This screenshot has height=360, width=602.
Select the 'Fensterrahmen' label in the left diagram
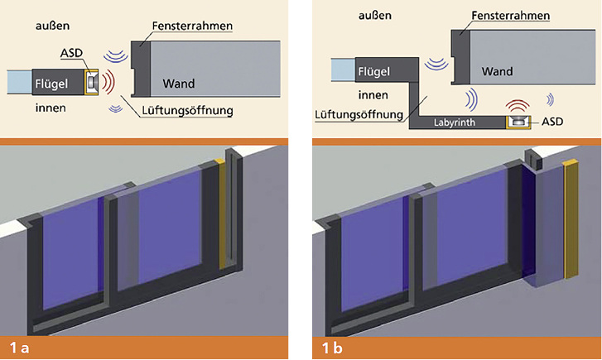192,26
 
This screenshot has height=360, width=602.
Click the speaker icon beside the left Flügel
91,82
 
